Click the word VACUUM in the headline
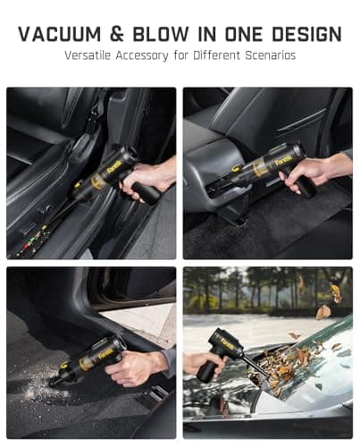click(60, 34)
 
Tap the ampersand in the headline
click(117, 34)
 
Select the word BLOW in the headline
click(161, 34)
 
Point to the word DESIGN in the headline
click(306, 34)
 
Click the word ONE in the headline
click(244, 34)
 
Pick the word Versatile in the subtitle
click(88, 55)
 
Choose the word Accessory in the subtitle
click(142, 56)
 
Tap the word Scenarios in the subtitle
click(271, 55)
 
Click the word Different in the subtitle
click(217, 55)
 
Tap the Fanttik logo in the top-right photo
click(282, 161)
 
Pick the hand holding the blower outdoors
click(203, 364)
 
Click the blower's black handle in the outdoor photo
click(211, 372)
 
